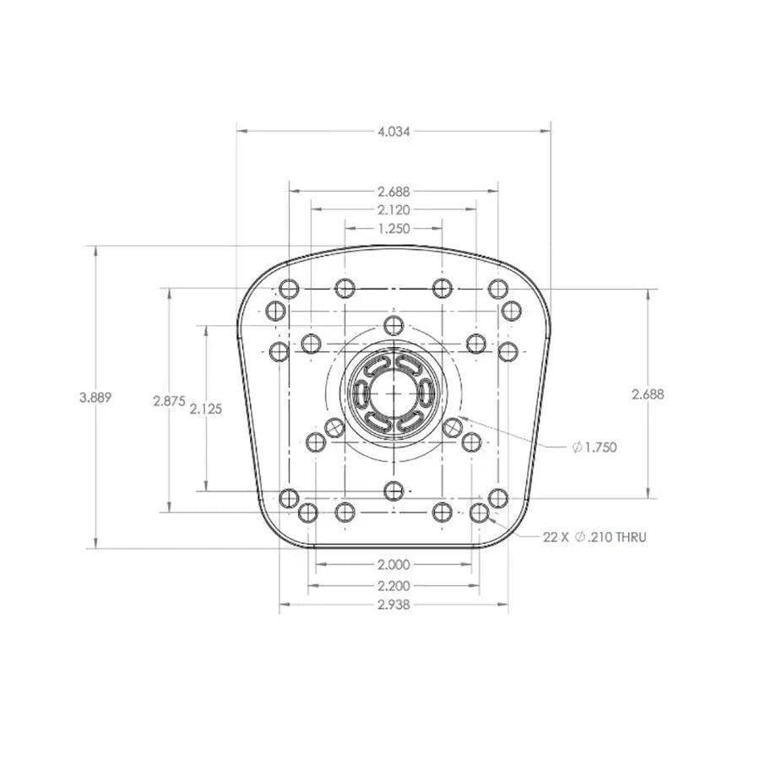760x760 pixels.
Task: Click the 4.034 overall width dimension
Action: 394,131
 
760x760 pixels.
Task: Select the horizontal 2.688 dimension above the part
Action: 394,191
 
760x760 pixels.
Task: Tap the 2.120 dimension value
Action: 394,209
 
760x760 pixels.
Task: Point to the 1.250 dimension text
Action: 394,228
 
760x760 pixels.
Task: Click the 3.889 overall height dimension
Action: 95,397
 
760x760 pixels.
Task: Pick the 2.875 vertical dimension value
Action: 169,402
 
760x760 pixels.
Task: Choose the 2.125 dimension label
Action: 206,409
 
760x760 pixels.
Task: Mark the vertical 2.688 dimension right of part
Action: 647,394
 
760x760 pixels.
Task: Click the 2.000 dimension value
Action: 394,565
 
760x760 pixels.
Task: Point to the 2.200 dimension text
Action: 394,584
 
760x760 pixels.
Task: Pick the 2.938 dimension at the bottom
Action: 394,605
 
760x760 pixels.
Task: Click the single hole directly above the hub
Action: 394,325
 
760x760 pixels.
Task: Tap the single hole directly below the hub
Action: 394,490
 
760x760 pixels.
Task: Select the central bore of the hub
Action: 393,393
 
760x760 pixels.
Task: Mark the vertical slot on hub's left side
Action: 361,393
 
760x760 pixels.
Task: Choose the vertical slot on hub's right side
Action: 425,393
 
